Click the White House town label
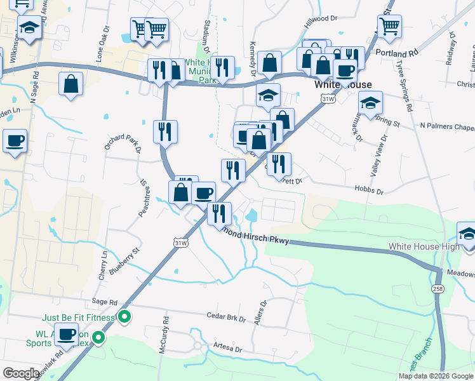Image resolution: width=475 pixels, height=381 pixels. coord(343,84)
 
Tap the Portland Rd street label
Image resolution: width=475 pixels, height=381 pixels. coord(398,52)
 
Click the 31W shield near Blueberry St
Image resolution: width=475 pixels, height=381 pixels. coord(181,242)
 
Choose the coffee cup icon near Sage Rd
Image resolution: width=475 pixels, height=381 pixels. coord(65,333)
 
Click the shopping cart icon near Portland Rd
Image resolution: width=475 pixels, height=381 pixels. coord(389,26)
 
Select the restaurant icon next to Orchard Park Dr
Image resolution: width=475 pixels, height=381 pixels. coord(164,131)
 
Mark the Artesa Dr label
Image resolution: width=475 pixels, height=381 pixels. coord(228,349)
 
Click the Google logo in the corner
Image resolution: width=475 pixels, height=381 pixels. coord(21,373)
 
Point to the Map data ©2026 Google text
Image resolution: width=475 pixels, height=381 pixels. coord(435,376)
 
